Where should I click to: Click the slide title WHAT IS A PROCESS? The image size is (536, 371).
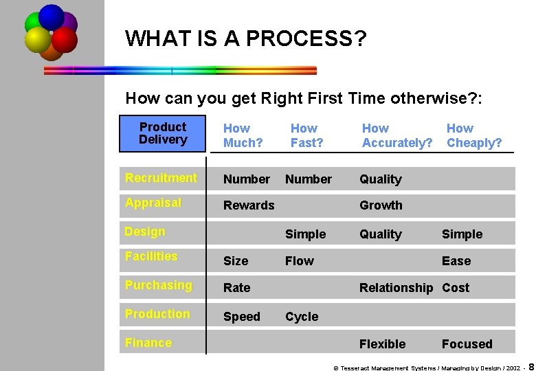coord(245,38)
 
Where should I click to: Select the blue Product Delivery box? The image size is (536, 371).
coord(163,133)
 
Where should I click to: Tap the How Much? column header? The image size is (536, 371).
coord(243,136)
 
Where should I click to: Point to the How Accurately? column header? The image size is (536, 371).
coord(397,136)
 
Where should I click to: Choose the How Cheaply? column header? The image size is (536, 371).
coord(473,136)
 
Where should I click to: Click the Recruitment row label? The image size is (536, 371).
coord(161,178)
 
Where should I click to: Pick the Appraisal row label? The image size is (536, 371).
coord(153,203)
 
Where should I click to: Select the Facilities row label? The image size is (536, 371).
coord(150,256)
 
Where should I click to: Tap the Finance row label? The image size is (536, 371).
coord(148,343)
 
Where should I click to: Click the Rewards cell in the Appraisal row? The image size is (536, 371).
coord(248,205)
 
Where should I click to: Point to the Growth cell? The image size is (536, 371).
coord(381,205)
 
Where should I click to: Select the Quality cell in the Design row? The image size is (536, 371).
coord(380,234)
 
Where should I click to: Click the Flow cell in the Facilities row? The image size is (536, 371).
coord(299,261)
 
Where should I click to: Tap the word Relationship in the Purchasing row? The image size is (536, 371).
coord(396,288)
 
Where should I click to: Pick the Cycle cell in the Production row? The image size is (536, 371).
coord(302,317)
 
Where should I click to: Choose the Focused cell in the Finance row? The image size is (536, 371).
coord(467,344)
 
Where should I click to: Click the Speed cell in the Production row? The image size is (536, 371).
coord(241,317)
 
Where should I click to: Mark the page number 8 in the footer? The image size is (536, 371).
coord(531,366)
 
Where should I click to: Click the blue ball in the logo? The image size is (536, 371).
coord(52,16)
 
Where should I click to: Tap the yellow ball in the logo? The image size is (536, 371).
coord(37,39)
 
